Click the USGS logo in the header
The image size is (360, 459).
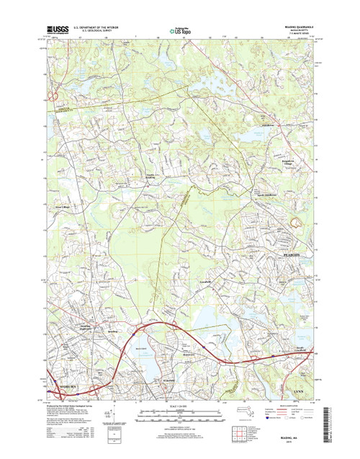click(x=60, y=30)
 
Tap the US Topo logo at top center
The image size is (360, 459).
click(x=179, y=31)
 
